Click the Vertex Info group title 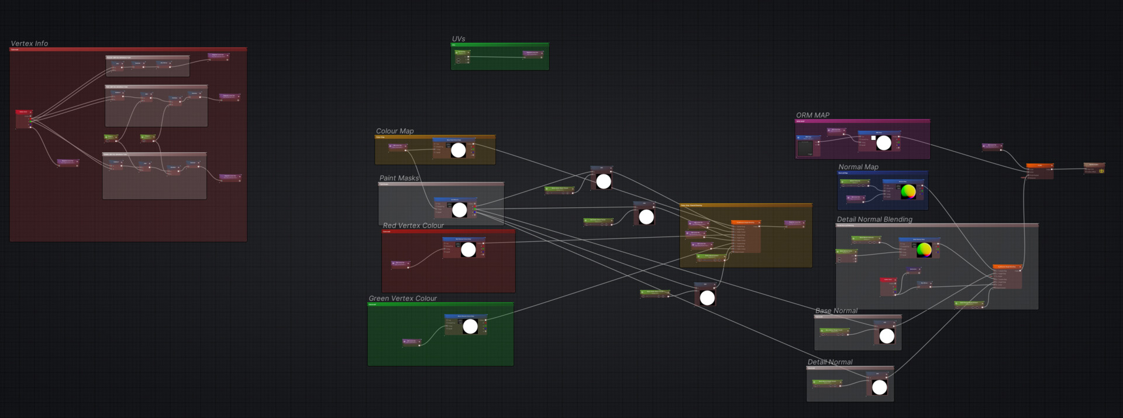click(x=29, y=43)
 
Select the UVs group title click(x=459, y=39)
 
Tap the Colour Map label click(x=395, y=131)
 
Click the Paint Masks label click(x=399, y=178)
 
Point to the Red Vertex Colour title click(x=413, y=225)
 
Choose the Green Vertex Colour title click(x=402, y=299)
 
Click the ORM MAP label click(x=812, y=115)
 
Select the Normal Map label click(x=858, y=167)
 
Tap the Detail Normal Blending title click(x=874, y=220)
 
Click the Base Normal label click(x=836, y=311)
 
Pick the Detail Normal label click(x=830, y=362)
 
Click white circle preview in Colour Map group click(x=459, y=150)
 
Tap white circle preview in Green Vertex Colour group click(x=470, y=327)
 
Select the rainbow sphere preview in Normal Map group click(x=908, y=191)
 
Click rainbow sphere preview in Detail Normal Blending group click(x=924, y=250)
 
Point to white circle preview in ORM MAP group click(x=884, y=143)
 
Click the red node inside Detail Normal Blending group click(x=888, y=287)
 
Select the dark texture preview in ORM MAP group click(x=805, y=147)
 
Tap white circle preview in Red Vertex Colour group click(x=468, y=250)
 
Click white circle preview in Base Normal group click(x=887, y=336)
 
